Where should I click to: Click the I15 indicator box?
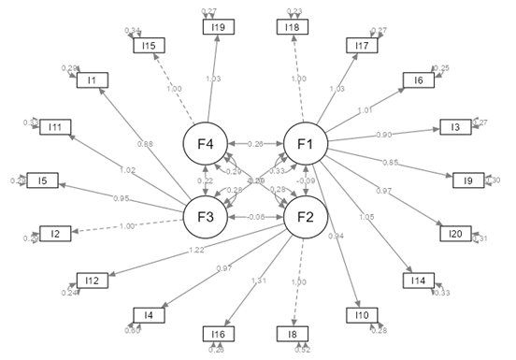[x=149, y=46]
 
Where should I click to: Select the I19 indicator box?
[x=217, y=27]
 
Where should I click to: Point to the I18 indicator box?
[x=294, y=27]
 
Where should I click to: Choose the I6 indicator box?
[x=420, y=81]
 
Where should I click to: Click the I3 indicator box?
[x=455, y=127]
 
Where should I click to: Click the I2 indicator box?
[x=55, y=233]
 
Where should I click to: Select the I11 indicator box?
[x=55, y=127]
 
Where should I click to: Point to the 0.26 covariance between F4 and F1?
[x=257, y=144]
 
